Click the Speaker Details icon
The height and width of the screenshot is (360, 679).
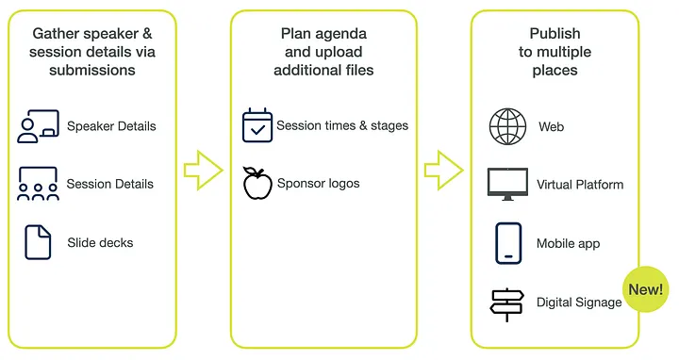[38, 126]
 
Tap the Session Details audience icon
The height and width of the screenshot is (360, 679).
[38, 184]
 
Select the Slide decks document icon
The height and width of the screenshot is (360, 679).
[38, 242]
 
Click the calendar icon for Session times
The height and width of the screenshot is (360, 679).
[257, 126]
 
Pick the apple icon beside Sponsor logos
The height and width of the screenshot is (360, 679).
[257, 183]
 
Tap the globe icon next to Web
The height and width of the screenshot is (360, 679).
[507, 126]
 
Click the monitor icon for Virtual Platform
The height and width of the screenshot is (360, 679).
[507, 184]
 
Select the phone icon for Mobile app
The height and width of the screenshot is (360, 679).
[508, 243]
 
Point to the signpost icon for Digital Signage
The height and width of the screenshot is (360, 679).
[507, 302]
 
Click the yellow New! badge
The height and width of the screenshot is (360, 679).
[645, 288]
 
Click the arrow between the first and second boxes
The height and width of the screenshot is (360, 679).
[203, 171]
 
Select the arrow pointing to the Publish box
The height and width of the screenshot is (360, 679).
[443, 171]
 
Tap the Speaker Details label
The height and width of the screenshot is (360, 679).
[111, 126]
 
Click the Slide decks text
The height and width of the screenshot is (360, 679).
[100, 242]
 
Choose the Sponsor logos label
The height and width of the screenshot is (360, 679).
[318, 183]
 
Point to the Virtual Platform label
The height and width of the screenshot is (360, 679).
[580, 185]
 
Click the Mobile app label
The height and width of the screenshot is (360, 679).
[568, 243]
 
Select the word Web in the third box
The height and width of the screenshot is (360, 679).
[551, 126]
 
